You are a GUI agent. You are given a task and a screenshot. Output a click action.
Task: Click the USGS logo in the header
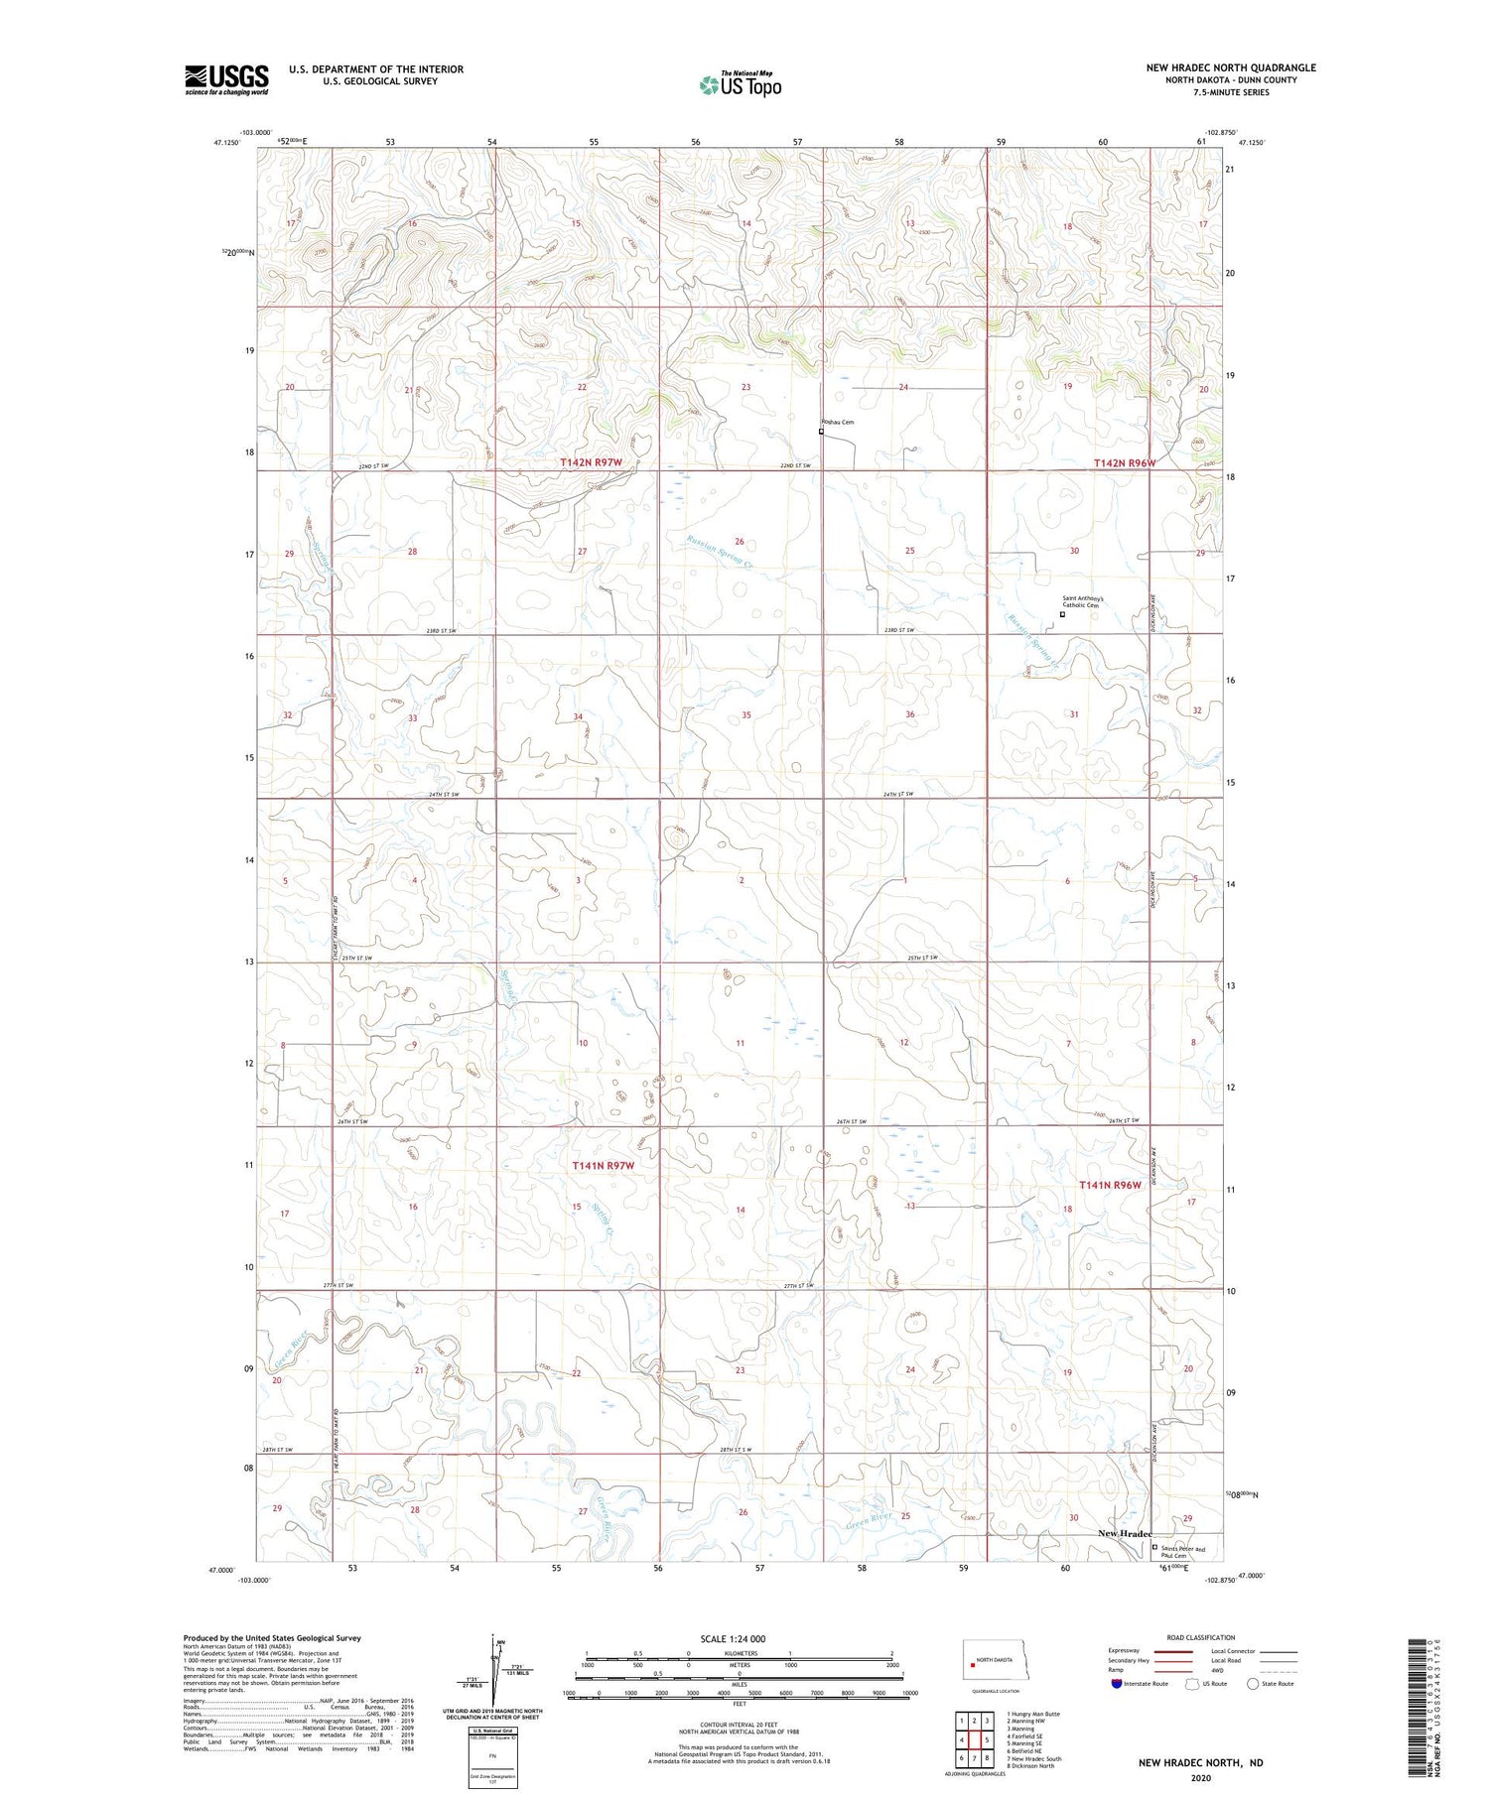pos(226,79)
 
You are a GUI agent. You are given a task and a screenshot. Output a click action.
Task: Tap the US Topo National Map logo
pos(740,85)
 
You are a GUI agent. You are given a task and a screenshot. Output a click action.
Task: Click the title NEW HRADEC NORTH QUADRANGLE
pos(1230,67)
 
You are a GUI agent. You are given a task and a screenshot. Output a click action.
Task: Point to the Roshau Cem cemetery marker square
pos(821,432)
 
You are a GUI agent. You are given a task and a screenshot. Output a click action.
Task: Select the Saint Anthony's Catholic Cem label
pos(1089,603)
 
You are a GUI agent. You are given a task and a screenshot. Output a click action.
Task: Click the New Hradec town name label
pos(1124,1533)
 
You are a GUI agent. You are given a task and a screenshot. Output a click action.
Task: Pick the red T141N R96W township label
pos(1110,1185)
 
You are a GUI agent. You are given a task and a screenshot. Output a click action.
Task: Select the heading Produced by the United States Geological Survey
pos(272,1638)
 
